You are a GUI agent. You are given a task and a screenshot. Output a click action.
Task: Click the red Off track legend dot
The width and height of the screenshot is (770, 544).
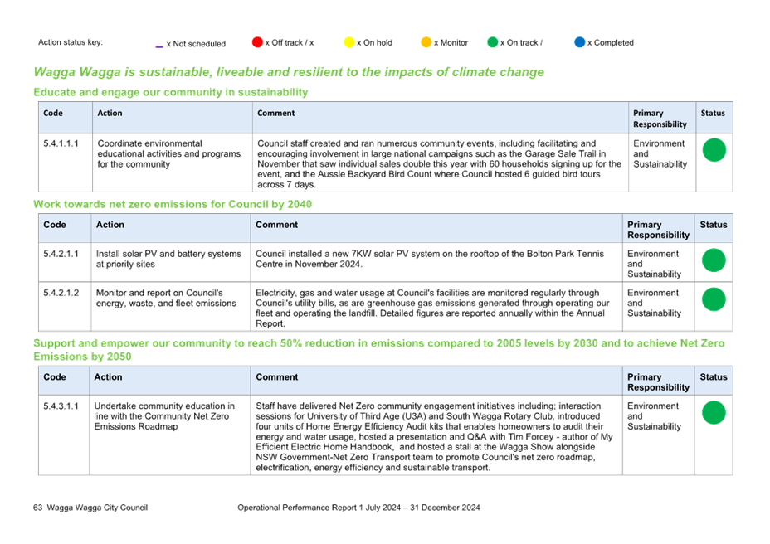[257, 42]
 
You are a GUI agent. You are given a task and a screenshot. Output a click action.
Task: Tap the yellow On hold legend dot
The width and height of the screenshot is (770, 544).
[349, 42]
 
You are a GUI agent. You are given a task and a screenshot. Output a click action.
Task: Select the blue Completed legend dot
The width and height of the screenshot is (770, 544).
[580, 42]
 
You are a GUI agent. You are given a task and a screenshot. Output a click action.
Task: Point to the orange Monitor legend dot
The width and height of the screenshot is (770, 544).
[426, 42]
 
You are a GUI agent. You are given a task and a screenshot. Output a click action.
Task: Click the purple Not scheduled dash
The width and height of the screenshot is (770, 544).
[159, 46]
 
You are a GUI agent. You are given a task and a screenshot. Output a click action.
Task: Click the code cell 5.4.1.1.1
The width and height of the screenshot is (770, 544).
[61, 143]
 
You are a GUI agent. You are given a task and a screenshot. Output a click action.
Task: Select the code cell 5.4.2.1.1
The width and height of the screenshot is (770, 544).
[61, 254]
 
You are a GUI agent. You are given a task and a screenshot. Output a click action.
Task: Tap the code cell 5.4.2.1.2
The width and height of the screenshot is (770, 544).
[61, 293]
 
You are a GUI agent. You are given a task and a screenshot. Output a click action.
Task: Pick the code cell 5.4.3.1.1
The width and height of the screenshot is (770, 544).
[61, 406]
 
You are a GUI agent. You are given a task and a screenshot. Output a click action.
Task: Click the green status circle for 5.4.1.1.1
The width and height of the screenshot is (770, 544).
[714, 150]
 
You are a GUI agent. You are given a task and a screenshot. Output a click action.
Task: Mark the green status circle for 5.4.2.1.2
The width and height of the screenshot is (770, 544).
[714, 299]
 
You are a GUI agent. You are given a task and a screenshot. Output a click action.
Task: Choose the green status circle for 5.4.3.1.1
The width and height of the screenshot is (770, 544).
[714, 412]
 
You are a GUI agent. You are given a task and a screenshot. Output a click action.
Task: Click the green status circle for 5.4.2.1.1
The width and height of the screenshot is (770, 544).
[714, 260]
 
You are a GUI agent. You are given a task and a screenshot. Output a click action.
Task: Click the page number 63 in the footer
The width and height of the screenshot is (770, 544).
[38, 508]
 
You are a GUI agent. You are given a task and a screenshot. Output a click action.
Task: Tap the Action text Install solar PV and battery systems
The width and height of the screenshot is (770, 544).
[169, 254]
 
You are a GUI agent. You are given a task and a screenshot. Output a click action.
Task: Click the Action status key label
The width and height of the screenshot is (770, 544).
[71, 42]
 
